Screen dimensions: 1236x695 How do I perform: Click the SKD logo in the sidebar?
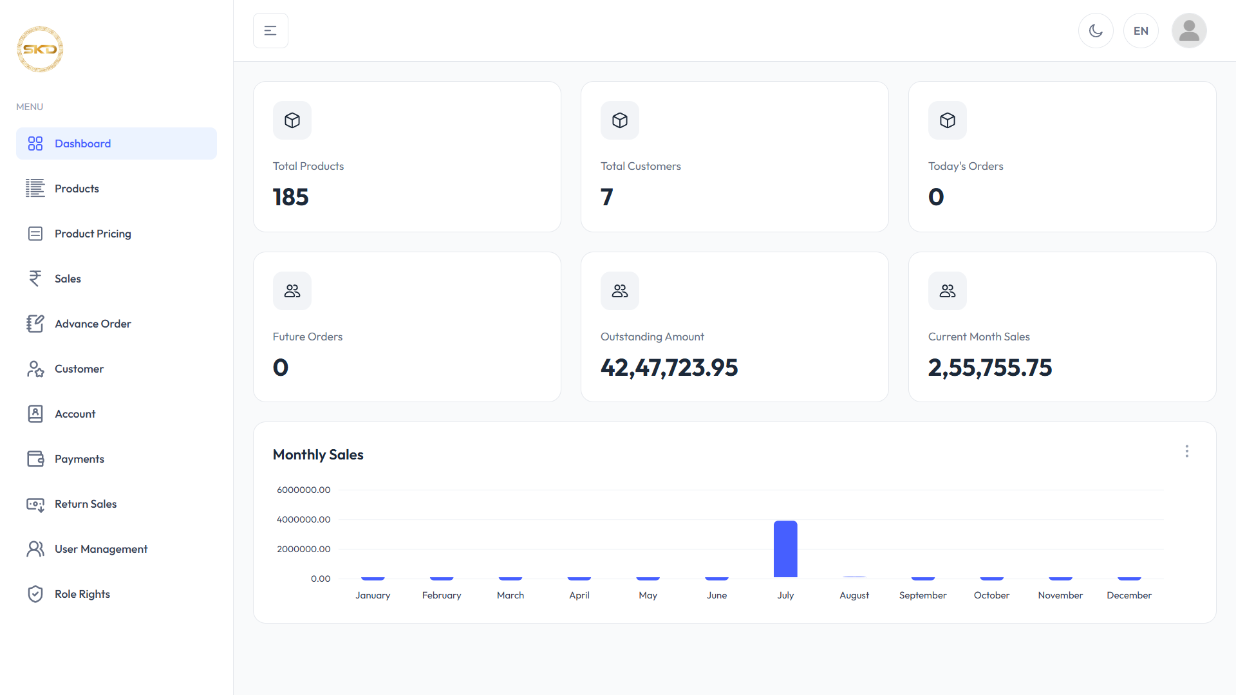40,49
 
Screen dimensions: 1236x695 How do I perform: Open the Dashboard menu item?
117,144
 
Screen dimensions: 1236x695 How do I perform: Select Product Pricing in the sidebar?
93,234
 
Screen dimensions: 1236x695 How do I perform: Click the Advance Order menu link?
93,324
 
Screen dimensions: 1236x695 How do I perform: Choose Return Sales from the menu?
86,504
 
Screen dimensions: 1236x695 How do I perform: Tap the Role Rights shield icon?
35,594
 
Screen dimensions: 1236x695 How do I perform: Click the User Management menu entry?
101,549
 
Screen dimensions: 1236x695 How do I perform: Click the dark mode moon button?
1096,31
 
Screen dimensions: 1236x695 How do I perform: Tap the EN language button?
1141,31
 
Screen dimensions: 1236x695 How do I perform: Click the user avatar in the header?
1189,31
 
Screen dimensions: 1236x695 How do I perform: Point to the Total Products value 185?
290,197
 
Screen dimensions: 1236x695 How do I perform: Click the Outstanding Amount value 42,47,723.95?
669,367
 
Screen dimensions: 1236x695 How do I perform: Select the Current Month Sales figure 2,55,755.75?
989,367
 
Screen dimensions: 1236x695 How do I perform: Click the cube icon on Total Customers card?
620,120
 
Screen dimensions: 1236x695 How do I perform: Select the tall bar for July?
785,549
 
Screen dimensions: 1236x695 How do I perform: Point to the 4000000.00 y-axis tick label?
304,519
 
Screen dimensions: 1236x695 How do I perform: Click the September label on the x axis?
922,595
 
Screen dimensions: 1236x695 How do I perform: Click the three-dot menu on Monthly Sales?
1187,451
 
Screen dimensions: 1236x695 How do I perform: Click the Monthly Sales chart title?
318,454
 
